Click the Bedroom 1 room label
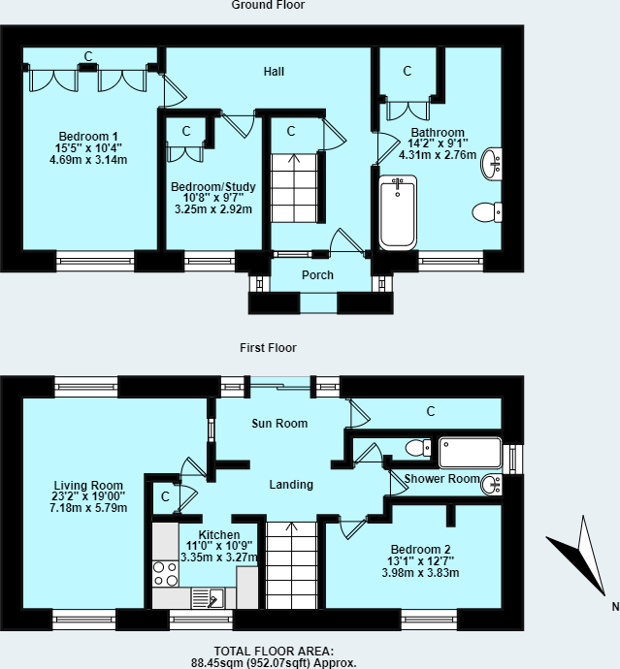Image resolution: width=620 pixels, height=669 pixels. click(88, 135)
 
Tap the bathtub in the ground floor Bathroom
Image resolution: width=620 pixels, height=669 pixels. click(397, 212)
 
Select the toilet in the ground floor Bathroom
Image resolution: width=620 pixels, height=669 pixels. click(485, 211)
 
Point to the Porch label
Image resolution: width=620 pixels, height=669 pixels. click(317, 275)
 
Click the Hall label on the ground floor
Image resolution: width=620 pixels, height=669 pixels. click(275, 72)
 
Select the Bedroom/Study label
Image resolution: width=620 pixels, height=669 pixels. click(211, 186)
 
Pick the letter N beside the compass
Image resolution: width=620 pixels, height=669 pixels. click(614, 608)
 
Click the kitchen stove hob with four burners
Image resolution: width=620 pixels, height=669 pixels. click(164, 574)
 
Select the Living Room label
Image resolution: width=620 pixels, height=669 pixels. click(88, 486)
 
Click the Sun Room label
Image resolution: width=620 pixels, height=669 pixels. click(279, 424)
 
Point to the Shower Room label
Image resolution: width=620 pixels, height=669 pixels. click(441, 479)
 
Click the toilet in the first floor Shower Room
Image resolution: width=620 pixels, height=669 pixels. click(416, 448)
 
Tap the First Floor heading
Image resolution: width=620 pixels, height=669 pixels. click(269, 348)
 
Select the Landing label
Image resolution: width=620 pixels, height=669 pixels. click(291, 485)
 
